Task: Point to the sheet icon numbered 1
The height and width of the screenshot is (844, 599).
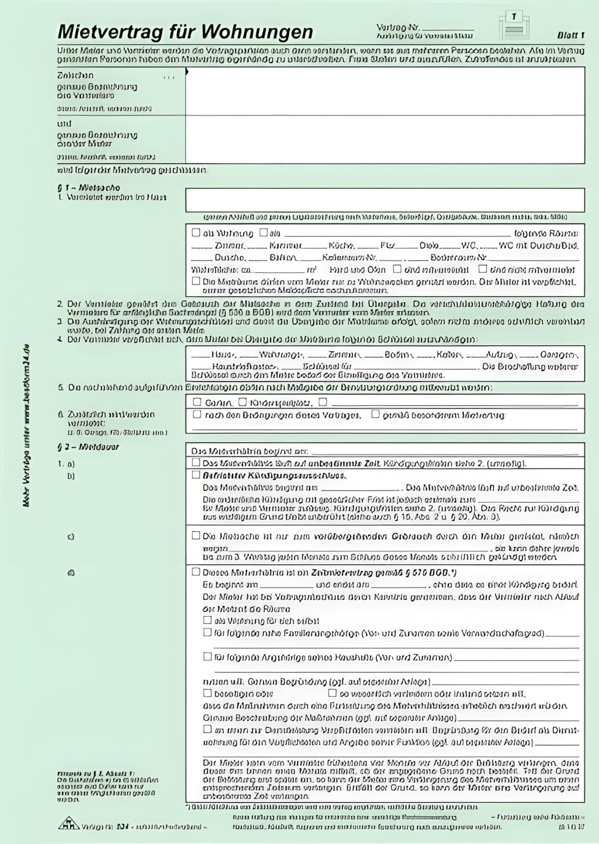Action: coord(514,25)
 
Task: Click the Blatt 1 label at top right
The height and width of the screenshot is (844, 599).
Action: coord(571,35)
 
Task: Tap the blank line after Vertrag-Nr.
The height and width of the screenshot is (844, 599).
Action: coord(448,29)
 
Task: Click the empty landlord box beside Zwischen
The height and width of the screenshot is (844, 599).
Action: coord(385,91)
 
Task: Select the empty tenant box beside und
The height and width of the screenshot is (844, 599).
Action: coord(385,139)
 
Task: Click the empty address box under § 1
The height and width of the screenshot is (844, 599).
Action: coord(385,200)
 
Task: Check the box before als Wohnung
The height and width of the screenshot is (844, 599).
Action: coord(196,233)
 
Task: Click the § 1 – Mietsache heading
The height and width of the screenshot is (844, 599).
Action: coord(88,188)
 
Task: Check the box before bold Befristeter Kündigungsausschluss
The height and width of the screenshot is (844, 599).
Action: coord(196,475)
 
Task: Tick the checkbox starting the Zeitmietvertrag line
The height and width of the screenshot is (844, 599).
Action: coord(196,572)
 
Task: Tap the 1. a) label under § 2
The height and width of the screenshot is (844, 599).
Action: coord(66,464)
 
